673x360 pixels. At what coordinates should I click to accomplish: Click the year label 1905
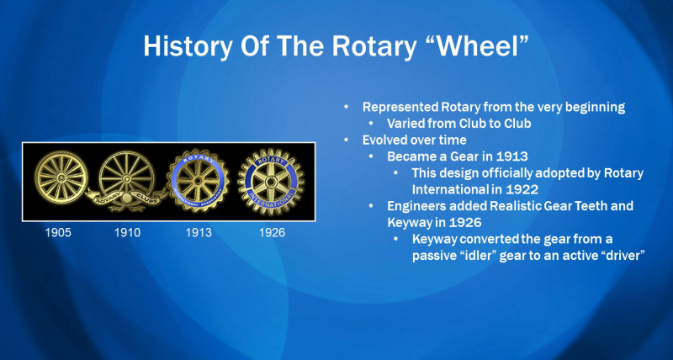[58, 232]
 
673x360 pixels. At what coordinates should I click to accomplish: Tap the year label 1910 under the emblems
[128, 232]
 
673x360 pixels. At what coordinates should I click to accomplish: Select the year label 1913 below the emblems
[199, 232]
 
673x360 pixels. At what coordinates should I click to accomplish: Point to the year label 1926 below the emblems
[272, 232]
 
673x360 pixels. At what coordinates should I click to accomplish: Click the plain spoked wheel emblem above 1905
[61, 177]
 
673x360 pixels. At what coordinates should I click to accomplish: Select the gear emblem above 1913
[198, 180]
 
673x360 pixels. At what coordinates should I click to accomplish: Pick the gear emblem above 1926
[271, 181]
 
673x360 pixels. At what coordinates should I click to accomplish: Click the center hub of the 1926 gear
[271, 182]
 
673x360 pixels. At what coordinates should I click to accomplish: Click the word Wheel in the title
[481, 46]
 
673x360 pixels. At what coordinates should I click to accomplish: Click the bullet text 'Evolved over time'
[414, 140]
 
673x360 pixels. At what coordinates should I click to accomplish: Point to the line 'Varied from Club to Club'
[458, 124]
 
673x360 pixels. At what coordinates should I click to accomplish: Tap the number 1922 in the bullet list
[524, 188]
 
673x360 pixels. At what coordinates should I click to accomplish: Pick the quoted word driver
[624, 256]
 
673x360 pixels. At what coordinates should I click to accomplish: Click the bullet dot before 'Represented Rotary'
[347, 108]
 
